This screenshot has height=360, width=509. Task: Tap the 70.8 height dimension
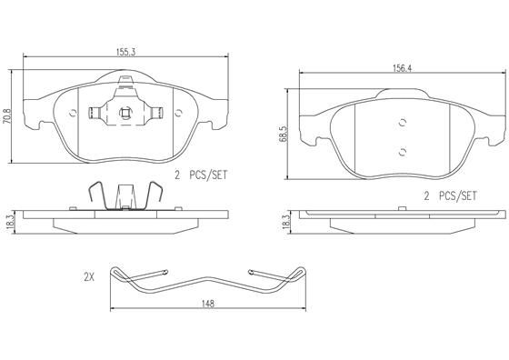click(x=7, y=116)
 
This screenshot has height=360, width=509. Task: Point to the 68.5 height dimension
click(x=283, y=134)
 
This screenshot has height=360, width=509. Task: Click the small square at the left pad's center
click(x=125, y=113)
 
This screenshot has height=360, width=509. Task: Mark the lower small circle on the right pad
click(x=401, y=152)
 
